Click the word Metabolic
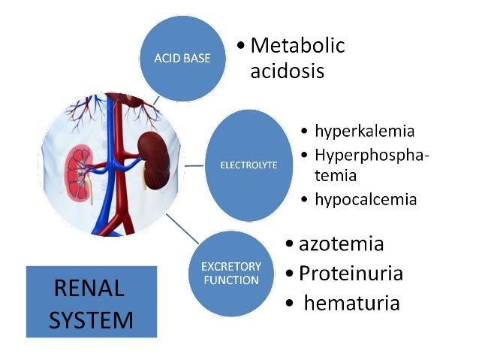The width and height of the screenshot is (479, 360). click(297, 46)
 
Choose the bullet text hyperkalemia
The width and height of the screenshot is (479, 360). click(364, 132)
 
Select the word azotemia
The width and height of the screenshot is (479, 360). click(341, 244)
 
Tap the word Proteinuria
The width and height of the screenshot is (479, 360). click(351, 273)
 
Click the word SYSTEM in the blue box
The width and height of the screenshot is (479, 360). click(91, 320)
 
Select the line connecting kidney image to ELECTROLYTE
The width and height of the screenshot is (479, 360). click(195, 164)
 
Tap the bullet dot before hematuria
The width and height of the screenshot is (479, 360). click(291, 304)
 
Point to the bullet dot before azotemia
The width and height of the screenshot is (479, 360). click(291, 244)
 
